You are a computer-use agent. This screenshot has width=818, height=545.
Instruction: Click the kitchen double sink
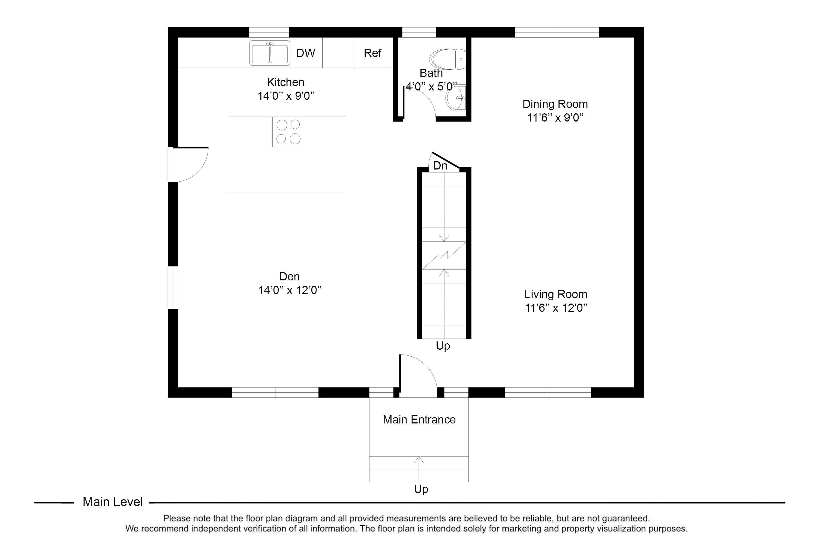(270, 53)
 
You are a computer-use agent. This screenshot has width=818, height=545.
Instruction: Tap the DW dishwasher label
(306, 53)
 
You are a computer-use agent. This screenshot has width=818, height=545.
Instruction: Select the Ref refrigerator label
(372, 53)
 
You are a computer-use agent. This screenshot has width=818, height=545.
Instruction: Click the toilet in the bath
(448, 59)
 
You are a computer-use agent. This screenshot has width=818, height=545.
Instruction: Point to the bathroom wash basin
(456, 98)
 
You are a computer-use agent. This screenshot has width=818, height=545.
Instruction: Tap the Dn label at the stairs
(440, 166)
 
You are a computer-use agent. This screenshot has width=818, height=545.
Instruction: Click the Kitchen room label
(285, 82)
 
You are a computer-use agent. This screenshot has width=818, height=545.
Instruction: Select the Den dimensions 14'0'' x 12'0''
(290, 290)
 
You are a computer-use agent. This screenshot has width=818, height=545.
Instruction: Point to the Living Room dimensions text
(556, 308)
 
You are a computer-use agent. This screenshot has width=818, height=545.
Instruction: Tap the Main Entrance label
(419, 420)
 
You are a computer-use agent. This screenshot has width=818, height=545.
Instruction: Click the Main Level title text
(113, 502)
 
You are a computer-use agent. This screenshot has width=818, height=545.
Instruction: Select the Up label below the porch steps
(421, 489)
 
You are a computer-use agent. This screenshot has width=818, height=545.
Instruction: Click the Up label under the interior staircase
(443, 346)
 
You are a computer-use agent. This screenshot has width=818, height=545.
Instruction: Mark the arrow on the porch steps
(419, 469)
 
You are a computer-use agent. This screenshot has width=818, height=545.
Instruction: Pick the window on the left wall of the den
(173, 287)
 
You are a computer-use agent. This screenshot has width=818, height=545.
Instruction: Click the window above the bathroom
(419, 32)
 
